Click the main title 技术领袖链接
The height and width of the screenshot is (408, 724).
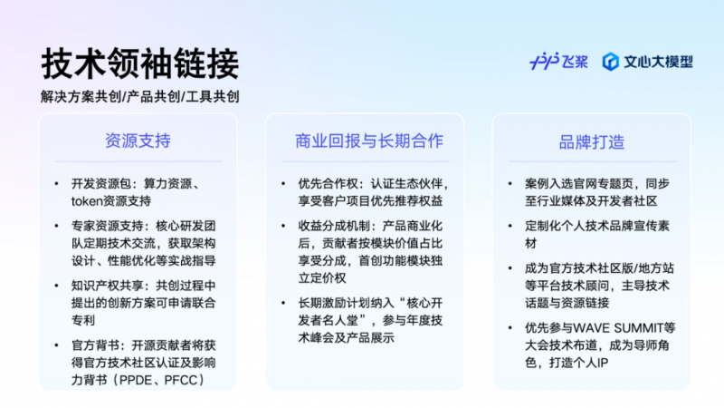tap(140, 63)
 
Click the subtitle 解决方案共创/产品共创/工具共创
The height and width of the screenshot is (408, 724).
tap(140, 97)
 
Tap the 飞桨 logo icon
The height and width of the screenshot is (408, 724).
tap(544, 61)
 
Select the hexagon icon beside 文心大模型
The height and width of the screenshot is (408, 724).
tap(610, 62)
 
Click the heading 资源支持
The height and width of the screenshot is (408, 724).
tap(138, 141)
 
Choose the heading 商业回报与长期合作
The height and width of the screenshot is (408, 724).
tap(369, 141)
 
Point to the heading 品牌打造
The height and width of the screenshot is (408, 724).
tap(592, 142)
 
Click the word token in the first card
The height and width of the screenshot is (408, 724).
tap(86, 200)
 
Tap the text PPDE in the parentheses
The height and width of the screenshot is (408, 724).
tap(136, 380)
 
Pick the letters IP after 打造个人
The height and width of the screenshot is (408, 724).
tap(603, 364)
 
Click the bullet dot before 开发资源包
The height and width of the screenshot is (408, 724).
tap(56, 184)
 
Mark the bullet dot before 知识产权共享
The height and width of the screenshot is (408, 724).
tap(56, 286)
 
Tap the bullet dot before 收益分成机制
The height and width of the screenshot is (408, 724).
tap(283, 226)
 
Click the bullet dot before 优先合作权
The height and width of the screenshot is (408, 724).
tap(283, 184)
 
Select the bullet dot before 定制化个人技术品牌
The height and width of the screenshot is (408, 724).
tap(510, 226)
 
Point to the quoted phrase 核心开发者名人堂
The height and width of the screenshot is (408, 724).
tap(370, 311)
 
